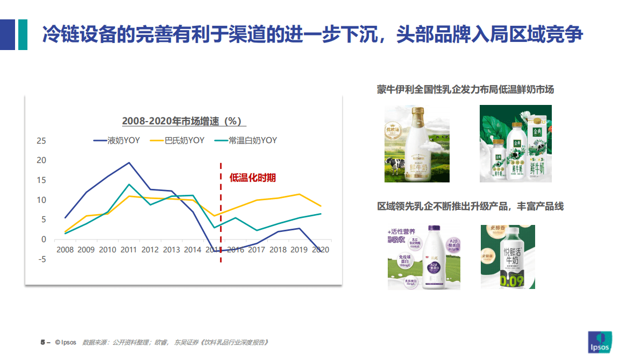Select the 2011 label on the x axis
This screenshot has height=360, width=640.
(129, 250)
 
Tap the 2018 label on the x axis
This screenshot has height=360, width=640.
(278, 250)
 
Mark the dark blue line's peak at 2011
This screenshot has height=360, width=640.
(129, 163)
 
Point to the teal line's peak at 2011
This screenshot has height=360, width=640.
(129, 185)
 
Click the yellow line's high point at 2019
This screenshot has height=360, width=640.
(300, 194)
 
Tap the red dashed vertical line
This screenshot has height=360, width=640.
(221, 215)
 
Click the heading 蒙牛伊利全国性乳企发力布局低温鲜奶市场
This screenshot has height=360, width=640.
(465, 89)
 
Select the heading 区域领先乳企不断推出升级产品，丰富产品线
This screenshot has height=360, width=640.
(470, 206)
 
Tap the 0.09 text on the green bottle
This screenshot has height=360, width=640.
(508, 280)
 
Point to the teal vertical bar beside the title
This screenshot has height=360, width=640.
(23, 34)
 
